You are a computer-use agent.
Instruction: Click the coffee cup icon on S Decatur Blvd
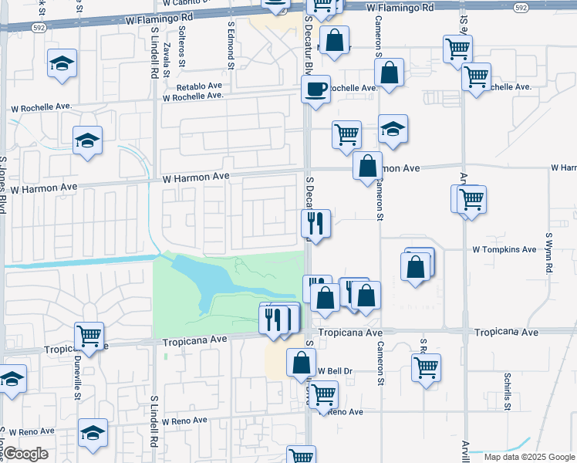click(315, 90)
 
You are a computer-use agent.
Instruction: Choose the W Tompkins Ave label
click(504, 249)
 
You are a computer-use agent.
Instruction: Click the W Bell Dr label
click(334, 371)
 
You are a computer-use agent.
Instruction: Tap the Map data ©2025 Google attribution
click(528, 457)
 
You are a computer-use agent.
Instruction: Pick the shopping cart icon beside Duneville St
click(89, 336)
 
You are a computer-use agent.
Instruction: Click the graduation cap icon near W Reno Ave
click(93, 436)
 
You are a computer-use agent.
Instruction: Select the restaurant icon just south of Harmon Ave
click(315, 223)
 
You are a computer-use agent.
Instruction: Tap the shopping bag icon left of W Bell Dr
click(301, 361)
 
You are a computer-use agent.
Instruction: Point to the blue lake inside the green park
click(204, 282)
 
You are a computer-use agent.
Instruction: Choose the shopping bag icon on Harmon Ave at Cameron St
click(368, 165)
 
